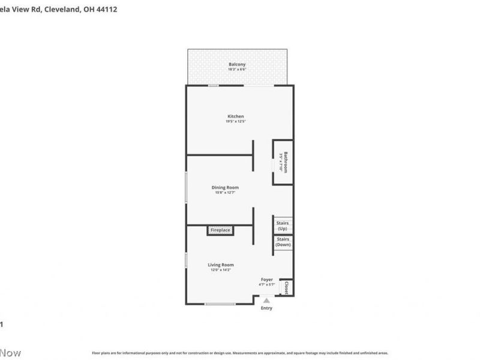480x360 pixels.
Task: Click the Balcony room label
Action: (236, 64)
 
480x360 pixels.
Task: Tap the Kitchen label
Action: (235, 116)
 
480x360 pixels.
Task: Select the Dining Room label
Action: (225, 188)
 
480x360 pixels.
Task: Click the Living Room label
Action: (221, 265)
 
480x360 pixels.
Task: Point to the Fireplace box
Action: (220, 230)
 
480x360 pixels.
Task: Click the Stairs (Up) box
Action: (282, 226)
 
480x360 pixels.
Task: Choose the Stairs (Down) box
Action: (283, 242)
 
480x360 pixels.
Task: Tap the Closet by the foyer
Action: (287, 287)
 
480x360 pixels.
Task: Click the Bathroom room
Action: (283, 162)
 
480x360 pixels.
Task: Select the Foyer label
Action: (266, 280)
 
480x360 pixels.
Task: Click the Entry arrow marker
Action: (266, 301)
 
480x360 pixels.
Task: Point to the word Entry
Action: (266, 308)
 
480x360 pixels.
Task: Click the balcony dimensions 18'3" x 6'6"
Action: (236, 70)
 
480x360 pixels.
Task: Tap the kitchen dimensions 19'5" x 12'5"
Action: (235, 122)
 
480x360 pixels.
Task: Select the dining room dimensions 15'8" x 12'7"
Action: (225, 193)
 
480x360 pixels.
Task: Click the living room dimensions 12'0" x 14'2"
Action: (221, 270)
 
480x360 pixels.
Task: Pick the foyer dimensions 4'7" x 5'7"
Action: (266, 284)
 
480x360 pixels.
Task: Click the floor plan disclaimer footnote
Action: (239, 353)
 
